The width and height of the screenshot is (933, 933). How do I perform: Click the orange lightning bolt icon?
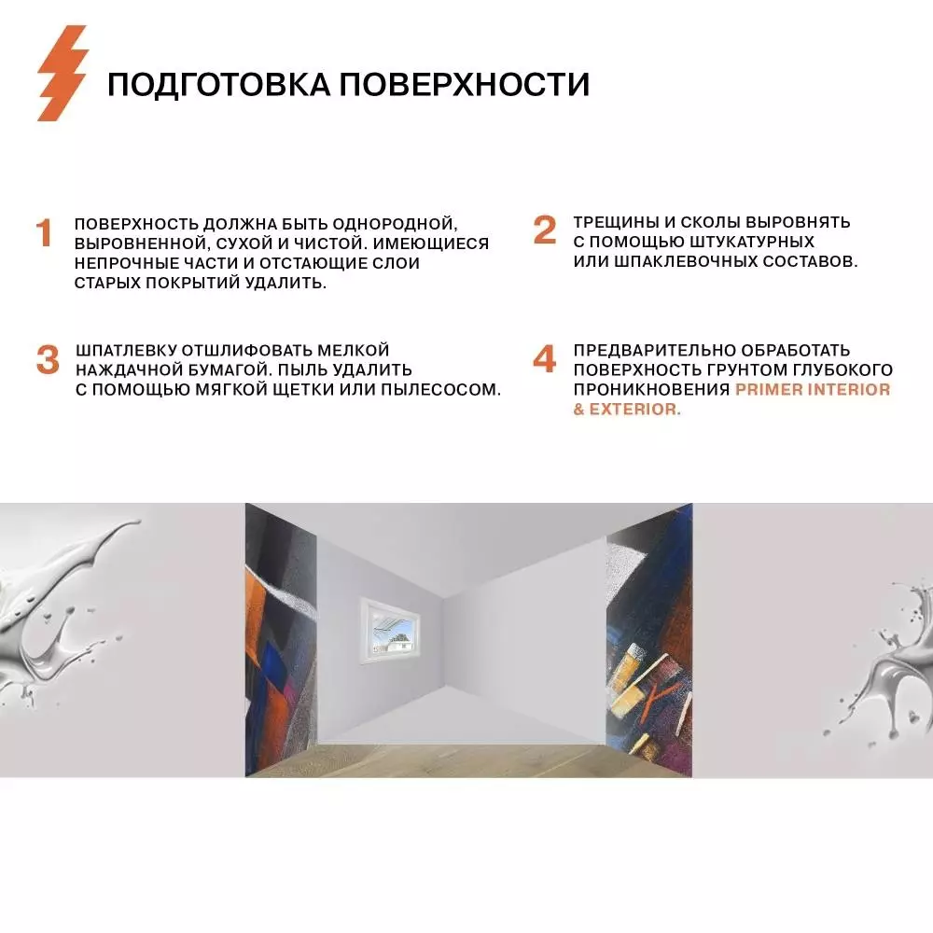(62, 73)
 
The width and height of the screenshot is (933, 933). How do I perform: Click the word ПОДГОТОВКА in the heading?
(218, 85)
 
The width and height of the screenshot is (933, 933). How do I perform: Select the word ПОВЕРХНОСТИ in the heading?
(464, 85)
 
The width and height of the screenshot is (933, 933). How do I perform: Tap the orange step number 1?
(44, 234)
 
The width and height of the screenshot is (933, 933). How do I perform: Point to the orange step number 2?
(544, 230)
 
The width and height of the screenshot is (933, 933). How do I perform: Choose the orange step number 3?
(47, 361)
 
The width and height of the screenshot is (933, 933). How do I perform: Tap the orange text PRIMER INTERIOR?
(813, 390)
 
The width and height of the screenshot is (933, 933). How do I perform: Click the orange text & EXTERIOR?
(627, 410)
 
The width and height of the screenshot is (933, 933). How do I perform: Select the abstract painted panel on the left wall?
(281, 639)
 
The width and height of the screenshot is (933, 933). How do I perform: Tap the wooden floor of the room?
(466, 751)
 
